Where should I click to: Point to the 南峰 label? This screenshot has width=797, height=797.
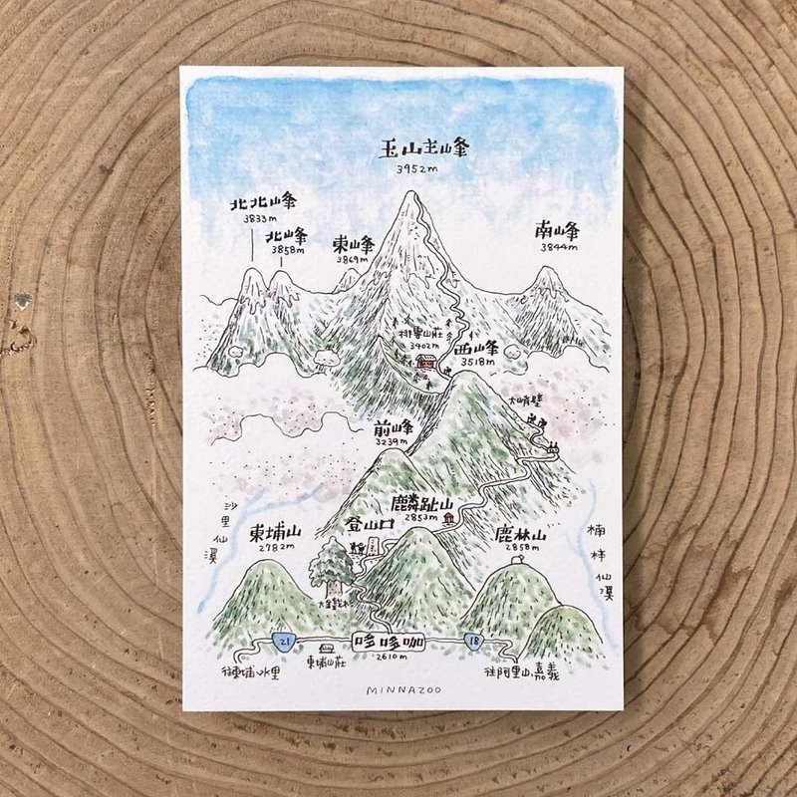pos(559,232)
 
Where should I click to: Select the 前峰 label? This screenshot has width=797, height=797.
pos(393,428)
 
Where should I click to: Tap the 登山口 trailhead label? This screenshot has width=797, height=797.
pos(369,522)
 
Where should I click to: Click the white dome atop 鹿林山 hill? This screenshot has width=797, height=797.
pos(517,560)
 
